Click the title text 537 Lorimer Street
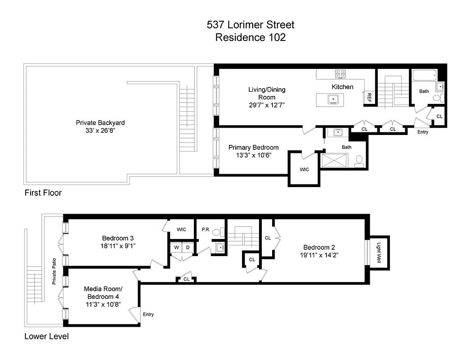pyautogui.click(x=251, y=25)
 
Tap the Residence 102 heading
pyautogui.click(x=250, y=37)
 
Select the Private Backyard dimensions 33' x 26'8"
pyautogui.click(x=100, y=130)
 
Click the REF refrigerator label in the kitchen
pyautogui.click(x=369, y=97)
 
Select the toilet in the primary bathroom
pyautogui.click(x=359, y=160)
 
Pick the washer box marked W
pyautogui.click(x=176, y=247)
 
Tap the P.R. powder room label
pyautogui.click(x=206, y=229)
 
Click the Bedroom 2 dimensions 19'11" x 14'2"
pyautogui.click(x=319, y=255)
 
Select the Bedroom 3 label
pyautogui.click(x=118, y=238)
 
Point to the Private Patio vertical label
pyautogui.click(x=54, y=273)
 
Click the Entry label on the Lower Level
pyautogui.click(x=148, y=315)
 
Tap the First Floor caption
pyautogui.click(x=43, y=193)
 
